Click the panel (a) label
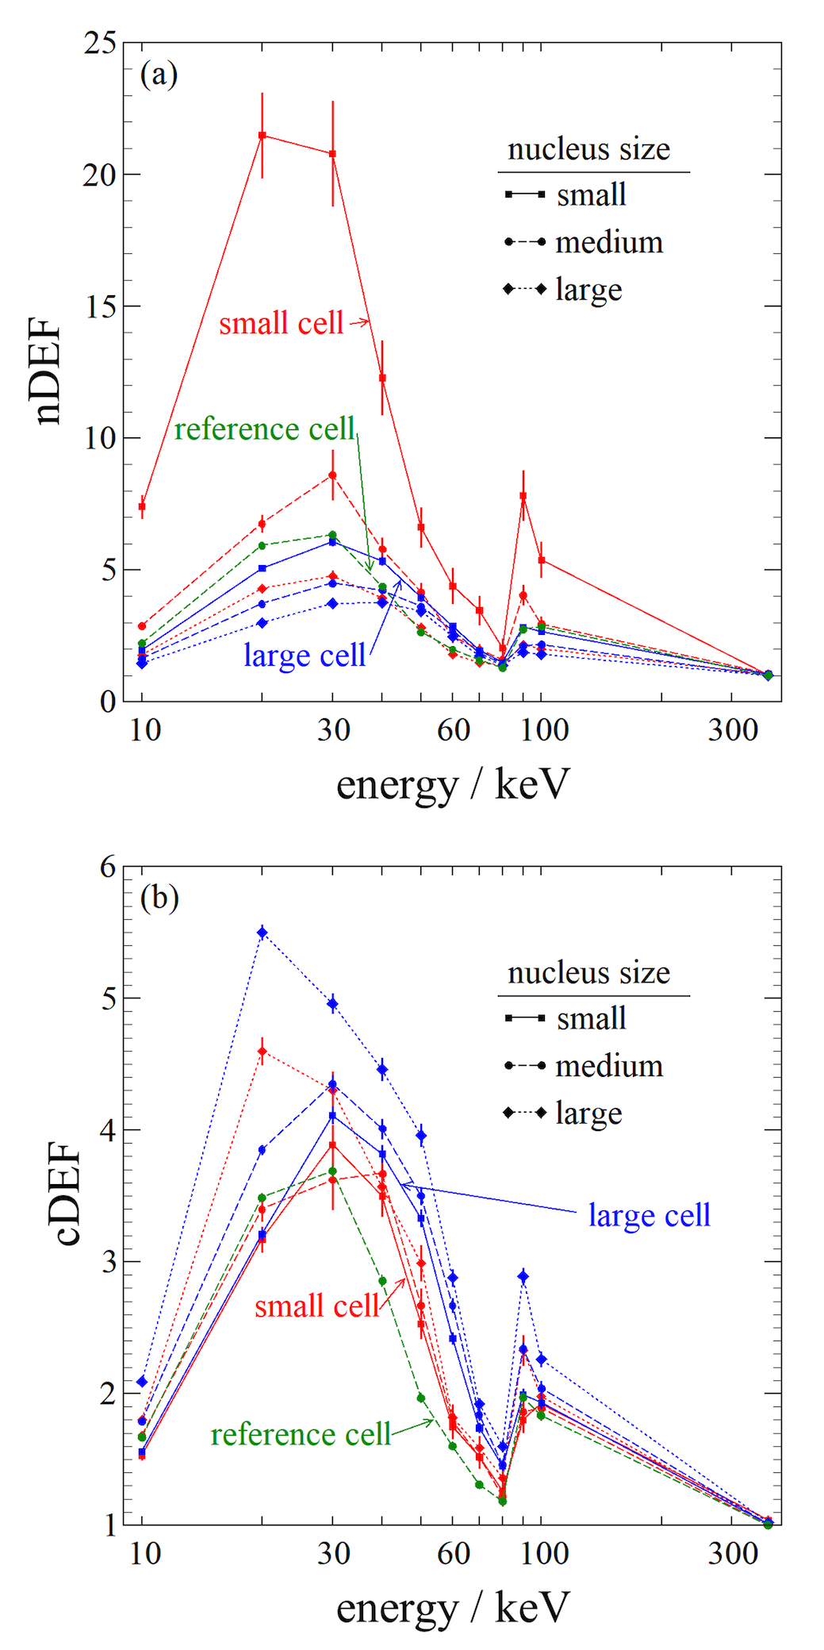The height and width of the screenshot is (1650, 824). [159, 75]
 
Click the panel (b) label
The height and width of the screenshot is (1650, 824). [159, 898]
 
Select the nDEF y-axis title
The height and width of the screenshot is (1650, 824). [48, 371]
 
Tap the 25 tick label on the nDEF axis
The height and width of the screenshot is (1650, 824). [100, 43]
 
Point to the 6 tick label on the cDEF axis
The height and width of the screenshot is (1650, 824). [108, 867]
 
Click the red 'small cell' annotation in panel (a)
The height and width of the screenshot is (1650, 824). [281, 323]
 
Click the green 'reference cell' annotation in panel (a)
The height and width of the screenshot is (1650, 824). [264, 429]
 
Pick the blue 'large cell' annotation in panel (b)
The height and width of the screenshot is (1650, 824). [649, 1215]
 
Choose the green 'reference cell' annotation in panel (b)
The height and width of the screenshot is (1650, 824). [301, 1434]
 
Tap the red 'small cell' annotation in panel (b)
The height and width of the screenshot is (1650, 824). [316, 1306]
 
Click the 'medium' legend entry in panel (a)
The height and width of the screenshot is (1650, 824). [608, 242]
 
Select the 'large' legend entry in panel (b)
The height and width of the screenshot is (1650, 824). [588, 1113]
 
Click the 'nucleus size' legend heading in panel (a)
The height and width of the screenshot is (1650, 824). [588, 149]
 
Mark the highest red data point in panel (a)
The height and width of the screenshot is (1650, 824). [263, 136]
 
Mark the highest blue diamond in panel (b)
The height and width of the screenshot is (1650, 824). [263, 933]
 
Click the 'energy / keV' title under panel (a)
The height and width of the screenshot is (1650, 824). [453, 785]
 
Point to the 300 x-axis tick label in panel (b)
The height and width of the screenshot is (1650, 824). [733, 1552]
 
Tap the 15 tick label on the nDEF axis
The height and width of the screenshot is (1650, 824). [100, 306]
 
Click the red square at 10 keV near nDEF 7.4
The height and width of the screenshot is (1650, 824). [142, 506]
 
